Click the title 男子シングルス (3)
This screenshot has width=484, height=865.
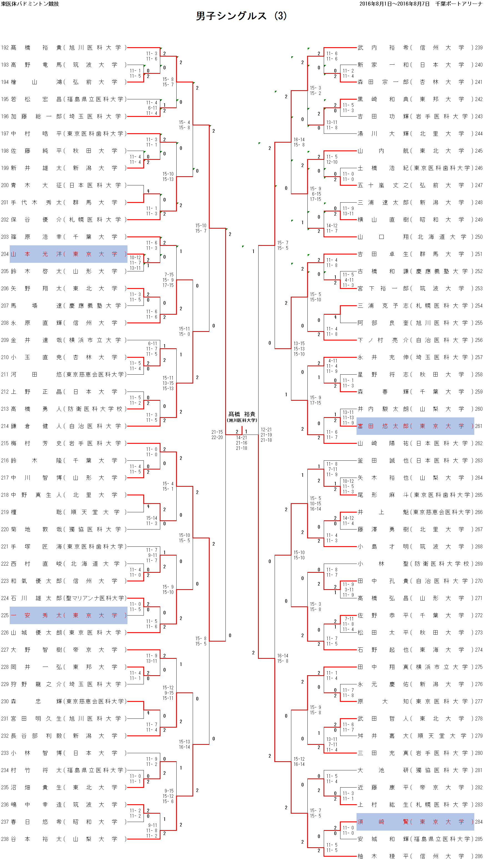(x=241, y=16)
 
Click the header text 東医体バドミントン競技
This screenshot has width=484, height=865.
(x=30, y=4)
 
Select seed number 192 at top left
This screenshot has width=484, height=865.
(x=5, y=48)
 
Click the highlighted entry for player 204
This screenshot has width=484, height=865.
(x=69, y=254)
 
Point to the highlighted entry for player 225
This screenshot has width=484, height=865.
(x=69, y=616)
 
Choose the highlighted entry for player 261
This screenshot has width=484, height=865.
(x=415, y=426)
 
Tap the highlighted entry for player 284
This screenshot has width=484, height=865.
(x=415, y=822)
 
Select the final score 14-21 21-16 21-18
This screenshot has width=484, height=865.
(x=241, y=443)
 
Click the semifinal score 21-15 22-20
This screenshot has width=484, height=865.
(x=217, y=435)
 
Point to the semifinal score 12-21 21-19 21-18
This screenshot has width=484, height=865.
(x=266, y=435)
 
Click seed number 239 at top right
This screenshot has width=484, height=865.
(x=479, y=48)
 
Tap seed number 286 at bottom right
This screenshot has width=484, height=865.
(x=479, y=856)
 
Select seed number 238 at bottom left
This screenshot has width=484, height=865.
(x=5, y=839)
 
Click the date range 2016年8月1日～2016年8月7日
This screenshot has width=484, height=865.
(x=394, y=4)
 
